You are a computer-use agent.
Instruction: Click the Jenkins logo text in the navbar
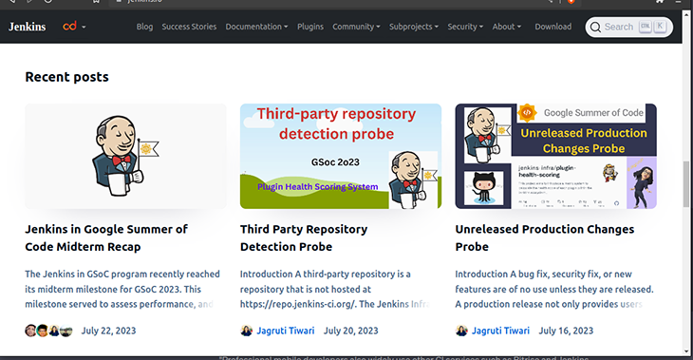coord(28,27)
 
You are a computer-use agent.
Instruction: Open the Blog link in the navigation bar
coord(144,27)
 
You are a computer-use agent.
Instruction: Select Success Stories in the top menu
coord(189,27)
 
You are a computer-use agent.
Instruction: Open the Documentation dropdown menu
coord(256,27)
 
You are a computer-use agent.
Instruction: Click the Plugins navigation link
coord(310,27)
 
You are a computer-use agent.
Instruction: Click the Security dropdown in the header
coord(465,27)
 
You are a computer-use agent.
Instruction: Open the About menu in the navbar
coord(506,27)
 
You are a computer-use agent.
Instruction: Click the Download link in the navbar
coord(553,27)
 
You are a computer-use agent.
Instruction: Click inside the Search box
coord(627,27)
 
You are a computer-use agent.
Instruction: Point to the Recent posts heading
coord(66,76)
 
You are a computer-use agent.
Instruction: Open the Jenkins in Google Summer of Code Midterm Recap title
coord(106,237)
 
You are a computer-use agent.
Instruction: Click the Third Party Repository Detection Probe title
coord(303,237)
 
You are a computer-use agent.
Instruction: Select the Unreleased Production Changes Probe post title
coord(544,237)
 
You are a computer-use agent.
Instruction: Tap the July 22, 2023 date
coord(108,331)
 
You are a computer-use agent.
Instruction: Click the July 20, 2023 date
coord(350,331)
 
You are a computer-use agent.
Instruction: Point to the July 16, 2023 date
coord(566,331)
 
